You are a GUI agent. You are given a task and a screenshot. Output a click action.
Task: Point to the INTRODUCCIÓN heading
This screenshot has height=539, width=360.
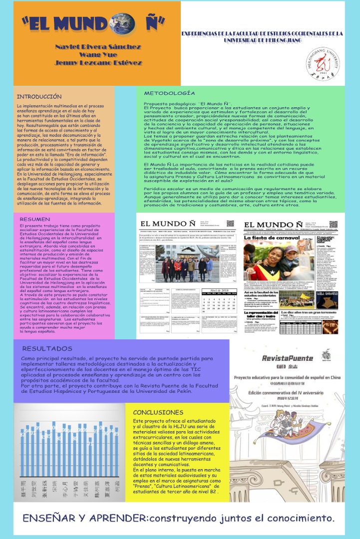click(x=39, y=96)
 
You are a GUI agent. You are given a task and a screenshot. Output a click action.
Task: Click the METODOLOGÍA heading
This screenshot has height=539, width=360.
click(x=169, y=93)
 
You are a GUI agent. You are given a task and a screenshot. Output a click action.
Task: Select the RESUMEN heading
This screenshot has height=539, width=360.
click(x=34, y=219)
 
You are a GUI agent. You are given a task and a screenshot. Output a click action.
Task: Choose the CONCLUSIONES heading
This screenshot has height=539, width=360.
click(x=158, y=412)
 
